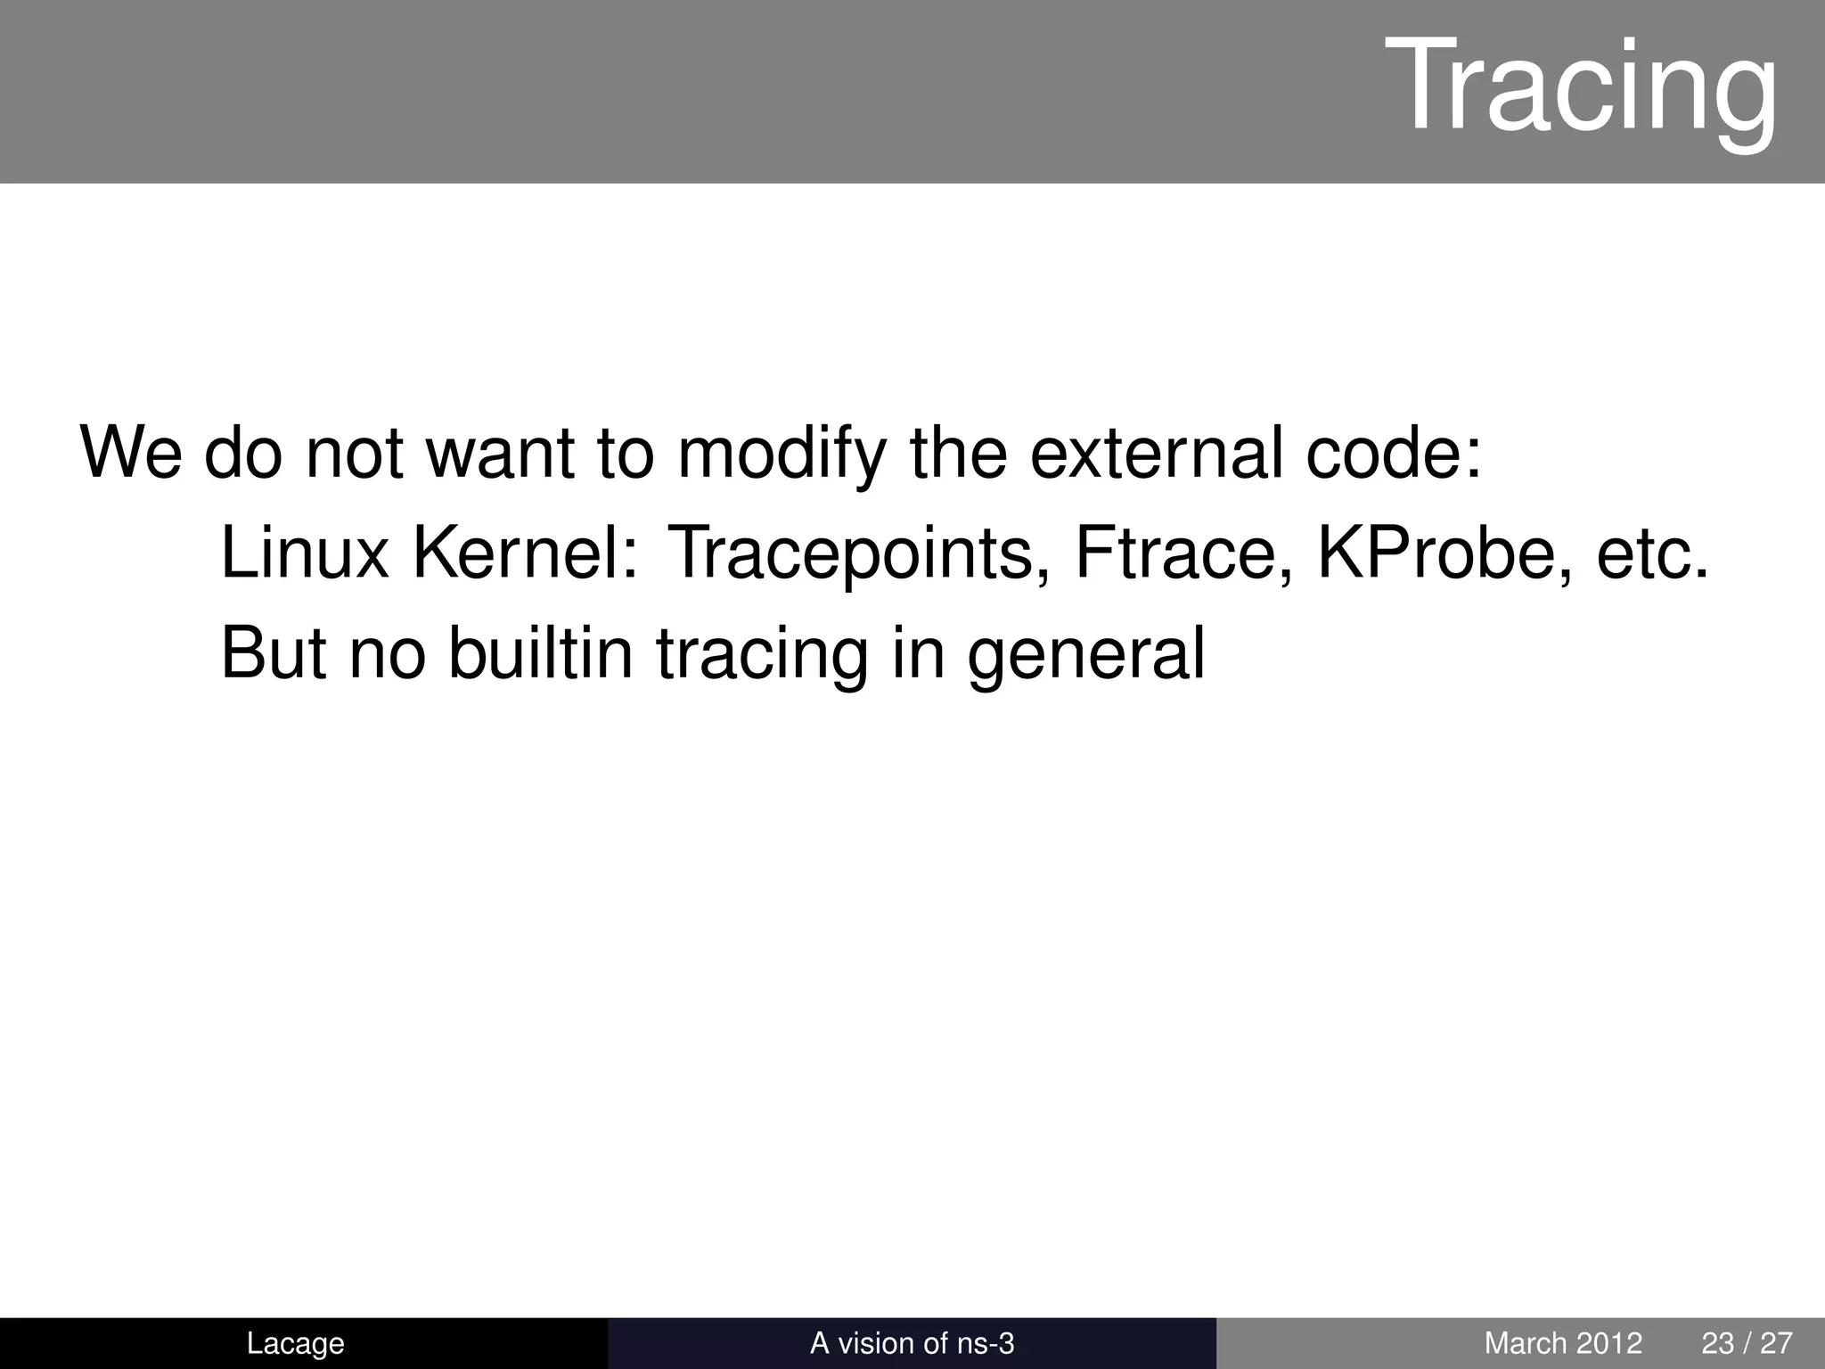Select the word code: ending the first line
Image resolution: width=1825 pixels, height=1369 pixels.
pos(1393,453)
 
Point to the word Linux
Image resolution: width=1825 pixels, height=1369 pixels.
pos(304,553)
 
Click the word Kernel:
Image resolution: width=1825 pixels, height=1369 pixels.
pos(526,553)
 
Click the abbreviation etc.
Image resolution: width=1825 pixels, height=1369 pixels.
pos(1653,553)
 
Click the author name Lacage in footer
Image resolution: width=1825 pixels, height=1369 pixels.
pos(295,1343)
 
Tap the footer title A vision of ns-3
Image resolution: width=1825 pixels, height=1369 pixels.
pos(912,1343)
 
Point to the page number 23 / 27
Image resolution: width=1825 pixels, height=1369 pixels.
pos(1747,1343)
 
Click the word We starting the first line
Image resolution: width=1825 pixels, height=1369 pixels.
pos(131,453)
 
